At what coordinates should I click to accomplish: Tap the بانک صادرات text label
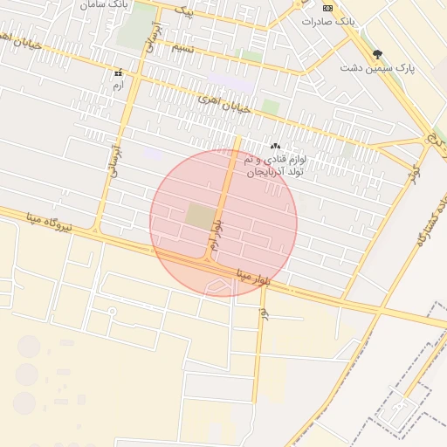pyautogui.click(x=327, y=21)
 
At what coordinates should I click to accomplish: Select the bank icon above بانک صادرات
pyautogui.click(x=327, y=8)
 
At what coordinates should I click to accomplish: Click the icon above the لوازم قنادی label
pyautogui.click(x=276, y=146)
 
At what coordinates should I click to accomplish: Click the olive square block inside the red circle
pyautogui.click(x=199, y=217)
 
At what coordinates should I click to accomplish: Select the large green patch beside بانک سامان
pyautogui.click(x=135, y=26)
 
